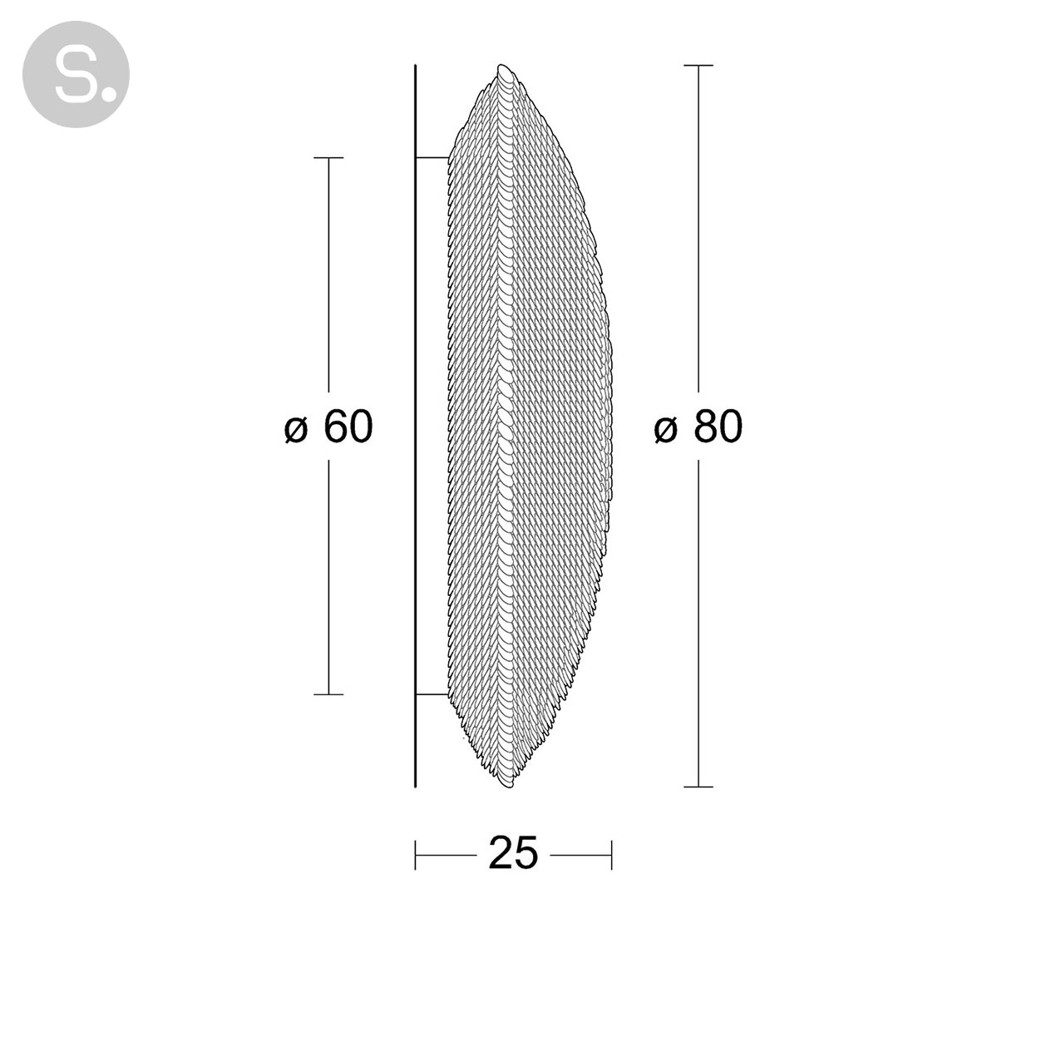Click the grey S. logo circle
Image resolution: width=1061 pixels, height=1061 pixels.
tap(76, 74)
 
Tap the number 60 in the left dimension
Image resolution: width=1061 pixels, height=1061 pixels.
tap(348, 427)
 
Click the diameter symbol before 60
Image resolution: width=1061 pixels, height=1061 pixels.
tap(297, 429)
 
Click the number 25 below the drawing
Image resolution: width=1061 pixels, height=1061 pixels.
tap(513, 853)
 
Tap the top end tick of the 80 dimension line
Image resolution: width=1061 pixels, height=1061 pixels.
tap(698, 65)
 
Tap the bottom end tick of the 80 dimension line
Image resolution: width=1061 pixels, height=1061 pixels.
tap(698, 787)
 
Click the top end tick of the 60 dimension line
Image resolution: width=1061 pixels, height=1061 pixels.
tap(329, 157)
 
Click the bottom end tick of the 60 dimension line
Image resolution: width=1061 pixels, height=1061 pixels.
tap(329, 693)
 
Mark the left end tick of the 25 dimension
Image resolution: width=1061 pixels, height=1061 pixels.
tap(416, 854)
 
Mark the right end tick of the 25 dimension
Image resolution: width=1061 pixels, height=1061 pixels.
tap(612, 854)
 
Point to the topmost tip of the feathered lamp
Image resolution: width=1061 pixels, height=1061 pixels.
tap(502, 66)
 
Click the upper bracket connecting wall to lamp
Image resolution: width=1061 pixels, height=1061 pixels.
tap(432, 157)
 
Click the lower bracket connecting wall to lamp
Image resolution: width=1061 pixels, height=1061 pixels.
tap(432, 693)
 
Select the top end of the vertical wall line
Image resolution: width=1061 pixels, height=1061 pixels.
tap(415, 66)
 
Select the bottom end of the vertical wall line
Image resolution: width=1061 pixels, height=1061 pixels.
tap(415, 786)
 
